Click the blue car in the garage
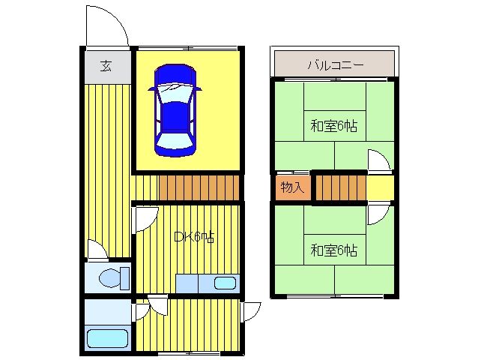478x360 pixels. (x=175, y=110)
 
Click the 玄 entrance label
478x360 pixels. (x=106, y=66)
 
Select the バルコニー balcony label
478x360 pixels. (x=336, y=65)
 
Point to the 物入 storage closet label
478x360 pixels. (x=293, y=187)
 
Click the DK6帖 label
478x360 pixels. (x=194, y=237)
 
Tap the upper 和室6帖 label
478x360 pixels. (x=334, y=126)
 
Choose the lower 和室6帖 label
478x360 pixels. (x=334, y=250)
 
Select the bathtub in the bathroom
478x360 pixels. (x=107, y=338)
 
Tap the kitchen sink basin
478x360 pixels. (x=225, y=283)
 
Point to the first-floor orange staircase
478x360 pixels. (x=199, y=187)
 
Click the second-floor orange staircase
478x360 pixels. (x=340, y=187)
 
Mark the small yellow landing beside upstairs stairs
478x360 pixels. (x=380, y=187)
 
